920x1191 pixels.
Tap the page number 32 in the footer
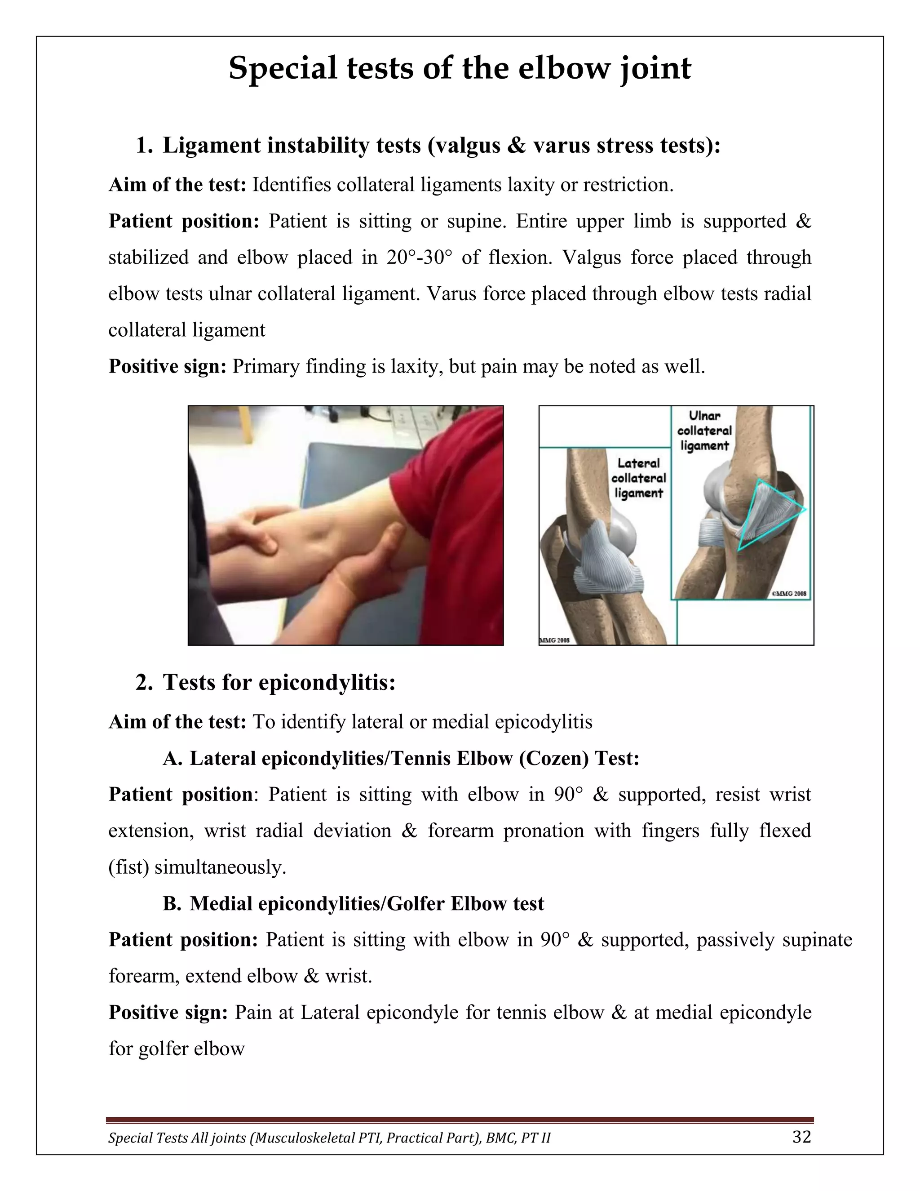coord(802,1137)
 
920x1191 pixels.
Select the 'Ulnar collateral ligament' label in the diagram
coord(704,431)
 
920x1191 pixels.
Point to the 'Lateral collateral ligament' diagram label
coord(638,478)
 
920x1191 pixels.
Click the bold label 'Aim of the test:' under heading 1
coord(178,185)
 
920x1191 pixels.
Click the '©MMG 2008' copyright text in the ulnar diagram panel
coord(788,594)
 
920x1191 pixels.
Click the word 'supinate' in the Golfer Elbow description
coord(818,940)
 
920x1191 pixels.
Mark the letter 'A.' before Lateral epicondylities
coord(172,759)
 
